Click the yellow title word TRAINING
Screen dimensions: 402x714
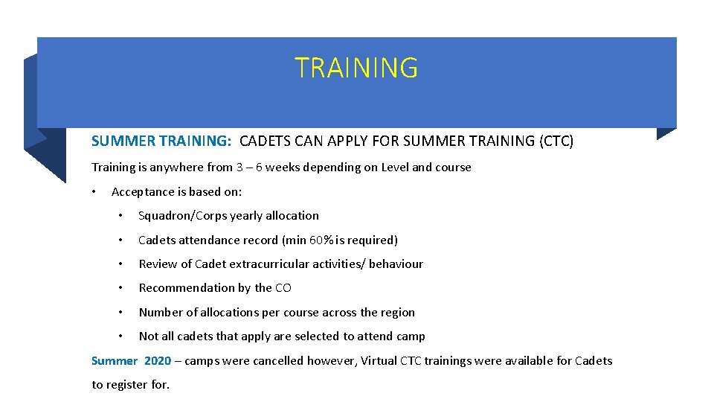coord(356,68)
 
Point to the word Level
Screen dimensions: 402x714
coord(395,167)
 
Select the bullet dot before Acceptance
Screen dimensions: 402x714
coord(94,192)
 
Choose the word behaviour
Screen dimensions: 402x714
coord(396,264)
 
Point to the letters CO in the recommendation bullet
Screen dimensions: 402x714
coord(283,288)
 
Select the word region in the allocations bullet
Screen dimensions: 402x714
coord(396,313)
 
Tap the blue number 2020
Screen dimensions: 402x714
coord(158,361)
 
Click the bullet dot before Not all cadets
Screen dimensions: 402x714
coord(120,336)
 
